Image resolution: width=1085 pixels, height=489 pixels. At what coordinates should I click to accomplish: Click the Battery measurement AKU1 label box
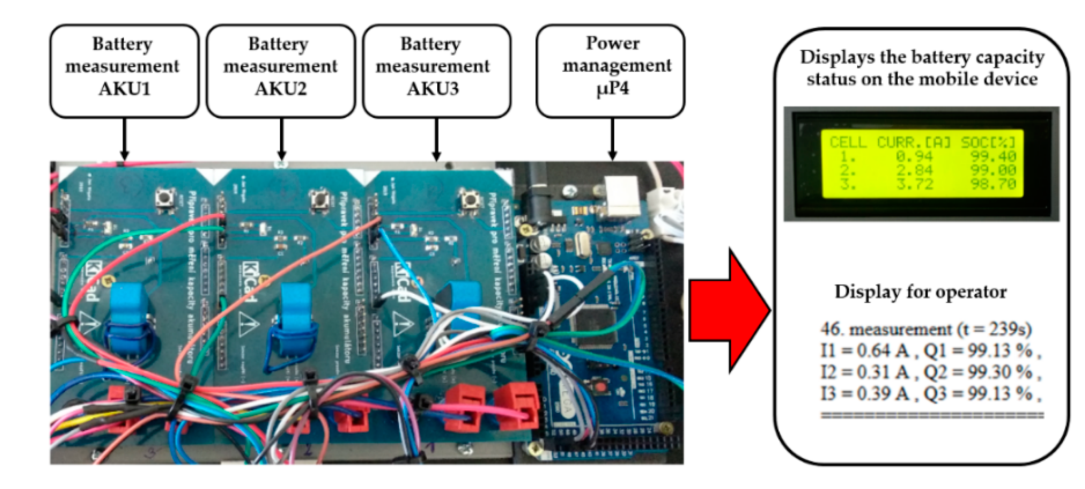(x=124, y=70)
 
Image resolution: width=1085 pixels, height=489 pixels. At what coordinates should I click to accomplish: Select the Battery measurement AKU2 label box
(x=281, y=70)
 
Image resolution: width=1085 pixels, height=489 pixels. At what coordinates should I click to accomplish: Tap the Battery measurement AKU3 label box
(x=436, y=70)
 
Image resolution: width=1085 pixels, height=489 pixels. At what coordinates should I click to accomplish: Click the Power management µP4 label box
(x=610, y=70)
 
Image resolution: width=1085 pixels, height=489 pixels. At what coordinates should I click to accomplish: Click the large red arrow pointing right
(x=729, y=311)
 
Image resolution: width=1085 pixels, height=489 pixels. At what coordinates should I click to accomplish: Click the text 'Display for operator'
(x=920, y=291)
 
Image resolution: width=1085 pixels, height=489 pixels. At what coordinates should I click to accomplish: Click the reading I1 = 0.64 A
(x=864, y=350)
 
